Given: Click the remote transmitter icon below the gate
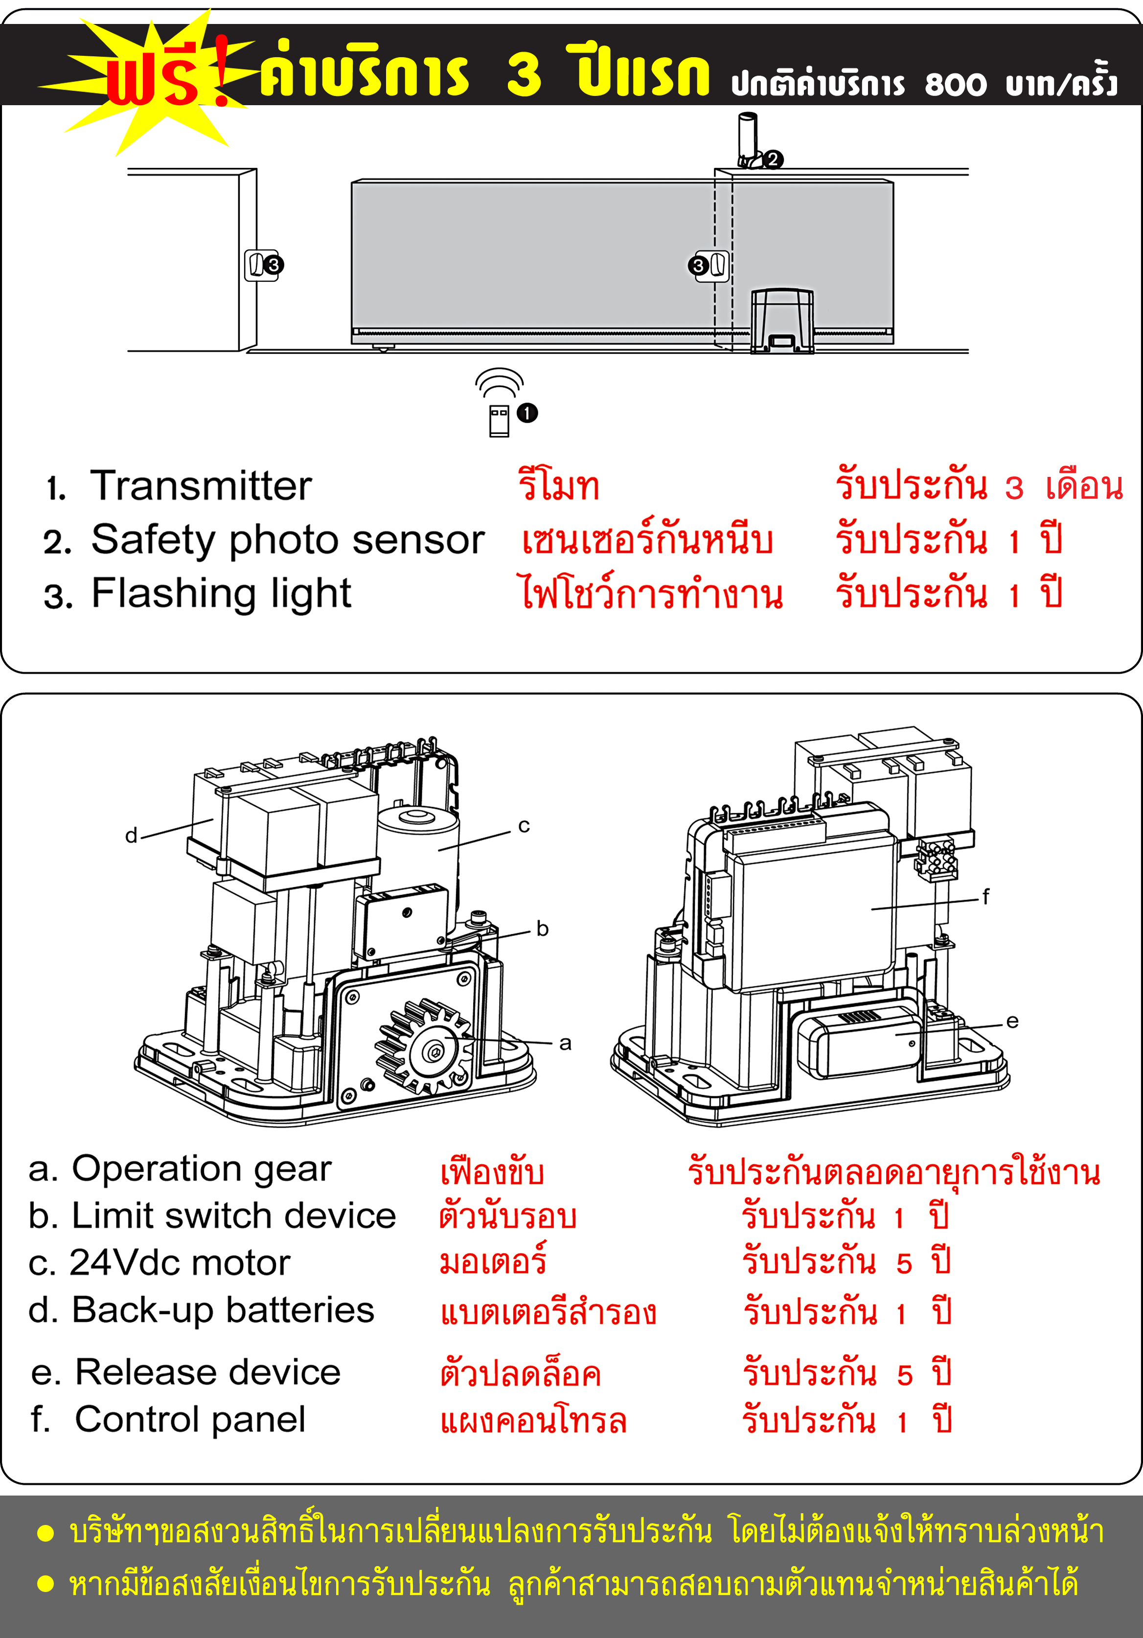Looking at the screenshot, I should pyautogui.click(x=499, y=420).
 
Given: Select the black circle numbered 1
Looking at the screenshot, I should pyautogui.click(x=527, y=413).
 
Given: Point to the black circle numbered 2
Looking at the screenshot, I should pyautogui.click(x=773, y=159).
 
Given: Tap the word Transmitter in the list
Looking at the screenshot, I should pyautogui.click(x=201, y=486).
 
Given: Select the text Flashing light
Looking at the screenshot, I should pyautogui.click(x=221, y=593).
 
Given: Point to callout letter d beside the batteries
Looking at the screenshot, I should pyautogui.click(x=131, y=836).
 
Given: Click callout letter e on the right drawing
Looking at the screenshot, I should pyautogui.click(x=1012, y=1021).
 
